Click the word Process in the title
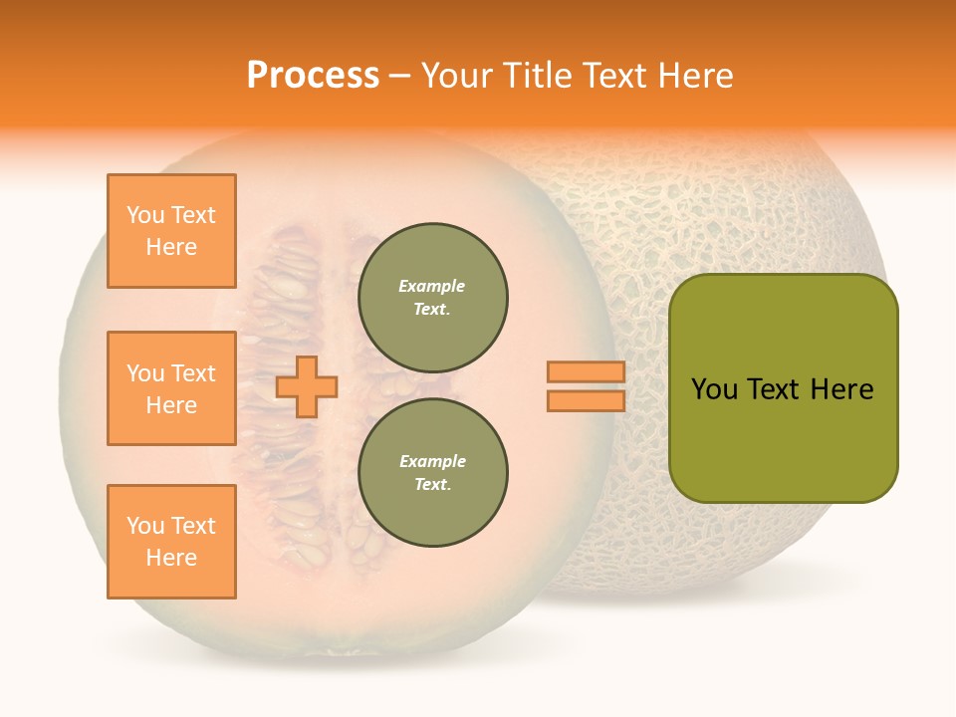coord(313,76)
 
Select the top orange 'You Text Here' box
coord(171,231)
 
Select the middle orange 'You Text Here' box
coord(171,388)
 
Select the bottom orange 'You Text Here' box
coord(171,542)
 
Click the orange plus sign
coord(307,386)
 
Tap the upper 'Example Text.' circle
coord(432,298)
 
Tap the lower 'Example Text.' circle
coord(432,473)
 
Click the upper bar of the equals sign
coord(586,372)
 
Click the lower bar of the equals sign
coord(586,401)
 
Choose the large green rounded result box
coord(783,388)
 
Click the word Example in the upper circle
coord(432,287)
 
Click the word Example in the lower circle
coord(432,462)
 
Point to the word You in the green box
coord(713,389)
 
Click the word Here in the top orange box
coord(171,247)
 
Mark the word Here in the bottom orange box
coord(171,558)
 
